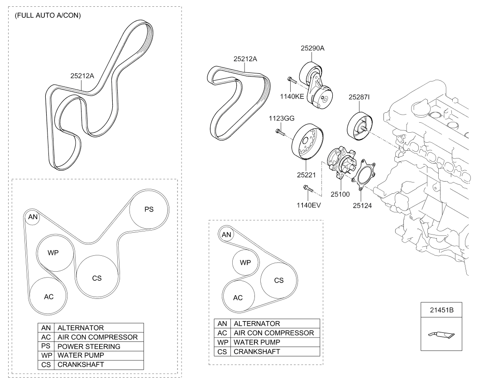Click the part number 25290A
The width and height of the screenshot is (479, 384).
[x=313, y=48]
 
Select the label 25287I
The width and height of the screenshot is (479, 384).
[x=359, y=97]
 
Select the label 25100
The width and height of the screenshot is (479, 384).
[x=340, y=194]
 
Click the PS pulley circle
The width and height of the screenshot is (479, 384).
[x=149, y=209]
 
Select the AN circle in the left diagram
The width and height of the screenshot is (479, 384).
[x=33, y=217]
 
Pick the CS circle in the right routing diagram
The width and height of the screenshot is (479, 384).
[x=278, y=280]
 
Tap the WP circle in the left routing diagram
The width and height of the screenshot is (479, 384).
[x=54, y=252]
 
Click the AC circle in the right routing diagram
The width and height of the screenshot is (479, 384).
[x=238, y=298]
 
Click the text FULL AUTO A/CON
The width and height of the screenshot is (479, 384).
[x=48, y=15]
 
